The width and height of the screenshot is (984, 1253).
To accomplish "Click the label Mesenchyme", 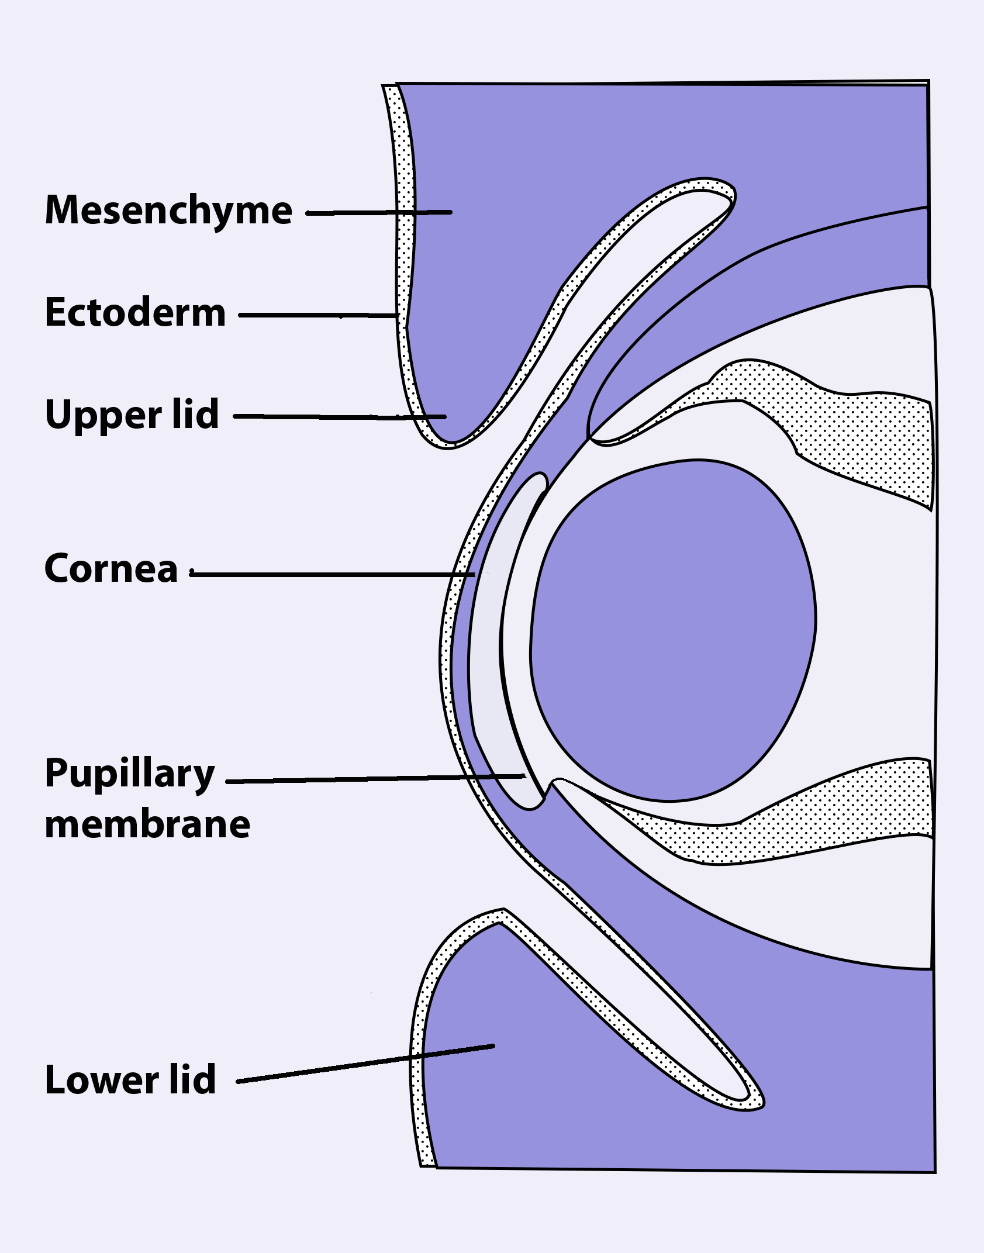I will (168, 210).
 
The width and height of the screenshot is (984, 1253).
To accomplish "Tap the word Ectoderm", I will (135, 312).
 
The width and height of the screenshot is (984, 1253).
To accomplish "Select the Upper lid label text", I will (132, 415).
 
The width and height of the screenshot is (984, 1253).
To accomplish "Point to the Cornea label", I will (111, 568).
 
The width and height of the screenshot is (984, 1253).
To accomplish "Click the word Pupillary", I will (130, 774).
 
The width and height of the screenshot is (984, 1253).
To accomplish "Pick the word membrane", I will (147, 824).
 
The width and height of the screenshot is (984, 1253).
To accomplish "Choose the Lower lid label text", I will (130, 1079).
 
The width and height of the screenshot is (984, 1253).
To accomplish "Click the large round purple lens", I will (672, 631).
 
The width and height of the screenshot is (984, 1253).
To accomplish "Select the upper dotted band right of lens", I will (865, 439).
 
